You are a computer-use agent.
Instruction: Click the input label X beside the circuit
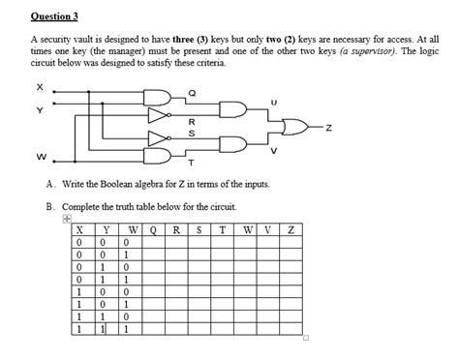coord(42,85)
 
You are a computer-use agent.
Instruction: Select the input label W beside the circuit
coord(42,157)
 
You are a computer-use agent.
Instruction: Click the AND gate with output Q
coord(158,94)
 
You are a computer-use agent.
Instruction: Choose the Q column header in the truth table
coord(153,229)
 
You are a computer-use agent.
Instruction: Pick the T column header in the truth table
coord(221,229)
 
